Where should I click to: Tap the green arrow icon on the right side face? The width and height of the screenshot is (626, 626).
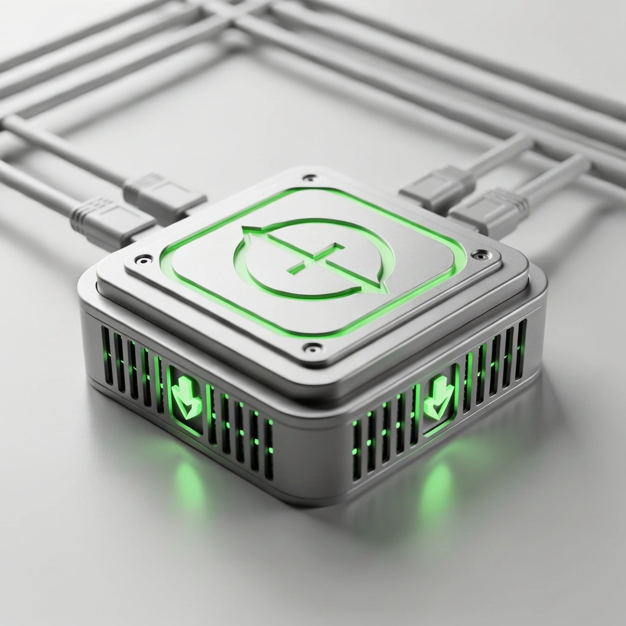438,397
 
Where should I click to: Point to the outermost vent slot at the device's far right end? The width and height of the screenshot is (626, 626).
520,348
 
